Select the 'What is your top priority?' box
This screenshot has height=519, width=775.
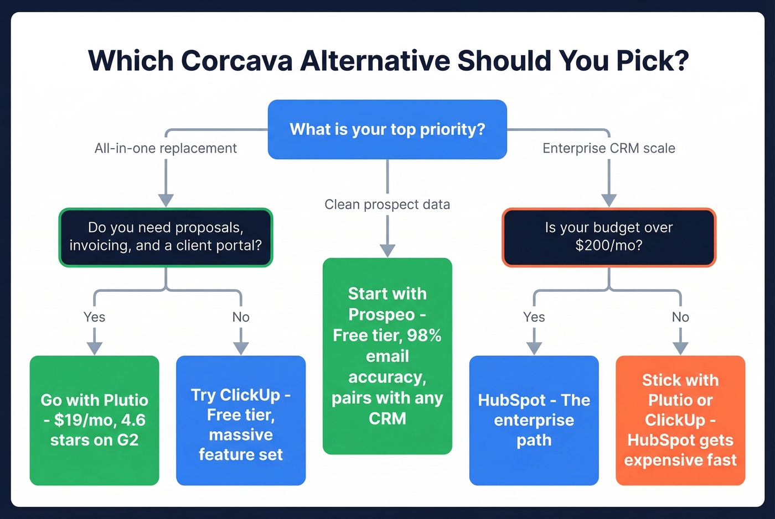pyautogui.click(x=387, y=129)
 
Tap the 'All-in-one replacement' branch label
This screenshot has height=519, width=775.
pyautogui.click(x=166, y=148)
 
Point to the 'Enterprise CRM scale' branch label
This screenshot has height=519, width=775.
pyautogui.click(x=609, y=148)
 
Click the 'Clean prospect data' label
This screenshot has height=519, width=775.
pyautogui.click(x=387, y=205)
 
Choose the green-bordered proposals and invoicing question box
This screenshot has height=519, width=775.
pyautogui.click(x=166, y=237)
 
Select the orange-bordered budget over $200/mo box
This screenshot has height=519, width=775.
pyautogui.click(x=609, y=237)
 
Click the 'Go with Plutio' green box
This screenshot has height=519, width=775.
pyautogui.click(x=95, y=420)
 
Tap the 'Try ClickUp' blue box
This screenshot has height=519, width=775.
pyautogui.click(x=241, y=420)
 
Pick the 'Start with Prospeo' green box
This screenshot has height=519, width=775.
pyautogui.click(x=387, y=356)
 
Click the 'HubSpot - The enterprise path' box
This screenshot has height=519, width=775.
pyautogui.click(x=534, y=420)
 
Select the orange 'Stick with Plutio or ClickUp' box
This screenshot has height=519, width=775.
pyautogui.click(x=680, y=420)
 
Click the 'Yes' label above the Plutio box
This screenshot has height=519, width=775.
pyautogui.click(x=95, y=317)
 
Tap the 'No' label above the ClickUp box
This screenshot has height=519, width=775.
pyautogui.click(x=241, y=317)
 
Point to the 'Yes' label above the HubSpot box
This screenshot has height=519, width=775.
pyautogui.click(x=534, y=317)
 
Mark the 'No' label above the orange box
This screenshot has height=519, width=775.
pyautogui.click(x=680, y=317)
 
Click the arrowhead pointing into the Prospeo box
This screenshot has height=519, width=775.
pyautogui.click(x=387, y=250)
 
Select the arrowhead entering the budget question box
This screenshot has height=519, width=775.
pyautogui.click(x=609, y=200)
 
